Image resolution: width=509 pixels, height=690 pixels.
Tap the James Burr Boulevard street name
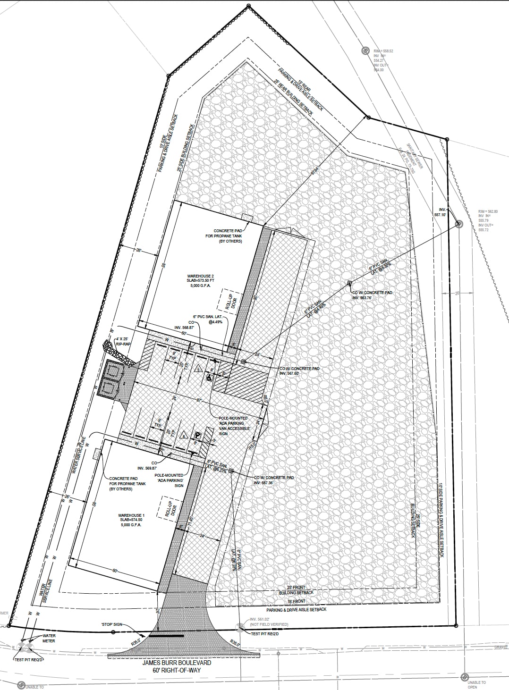[x=177, y=663]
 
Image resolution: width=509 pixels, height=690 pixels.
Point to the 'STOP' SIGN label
[x=111, y=624]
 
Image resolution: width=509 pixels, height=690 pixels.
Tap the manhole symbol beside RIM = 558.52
[x=365, y=50]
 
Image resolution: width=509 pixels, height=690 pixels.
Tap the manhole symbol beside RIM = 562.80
[x=458, y=224]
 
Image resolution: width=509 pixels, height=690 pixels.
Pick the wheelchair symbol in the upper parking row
[x=208, y=378]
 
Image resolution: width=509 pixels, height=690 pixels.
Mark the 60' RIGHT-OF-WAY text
[x=177, y=670]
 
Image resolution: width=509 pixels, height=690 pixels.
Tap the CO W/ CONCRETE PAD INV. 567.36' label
[x=273, y=480]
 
